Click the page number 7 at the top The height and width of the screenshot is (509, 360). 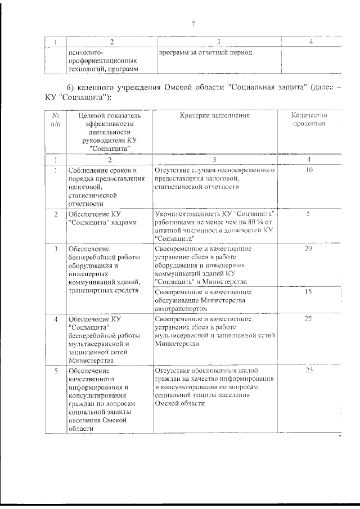(x=193, y=24)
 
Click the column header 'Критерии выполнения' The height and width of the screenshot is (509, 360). (x=215, y=115)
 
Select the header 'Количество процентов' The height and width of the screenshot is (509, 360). (x=309, y=120)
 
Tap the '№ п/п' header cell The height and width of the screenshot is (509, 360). (x=55, y=120)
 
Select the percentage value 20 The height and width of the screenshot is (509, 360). (x=308, y=249)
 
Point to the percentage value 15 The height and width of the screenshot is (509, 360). (x=308, y=292)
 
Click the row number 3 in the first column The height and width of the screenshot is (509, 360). (x=55, y=249)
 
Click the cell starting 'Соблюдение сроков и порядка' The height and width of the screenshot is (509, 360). (x=105, y=186)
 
